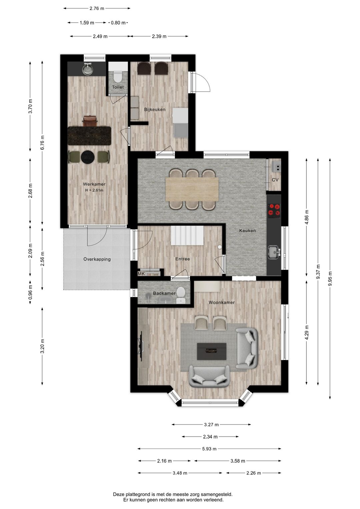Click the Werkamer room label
click(94, 184)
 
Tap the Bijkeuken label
click(155, 109)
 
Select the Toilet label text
click(118, 87)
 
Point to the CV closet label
click(275, 180)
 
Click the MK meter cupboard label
click(141, 274)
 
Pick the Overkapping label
click(97, 259)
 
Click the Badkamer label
click(164, 293)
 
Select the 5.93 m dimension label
click(209, 449)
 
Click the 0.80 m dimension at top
click(118, 23)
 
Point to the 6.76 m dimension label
click(42, 142)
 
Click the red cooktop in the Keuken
click(274, 210)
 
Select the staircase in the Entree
click(187, 235)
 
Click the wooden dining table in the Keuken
click(192, 189)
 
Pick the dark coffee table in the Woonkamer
click(211, 352)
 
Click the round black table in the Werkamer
click(88, 157)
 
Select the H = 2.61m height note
click(94, 190)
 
